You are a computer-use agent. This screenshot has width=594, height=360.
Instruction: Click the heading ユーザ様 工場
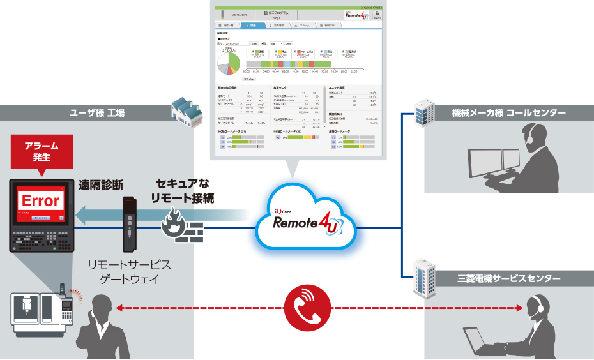point(97,113)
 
